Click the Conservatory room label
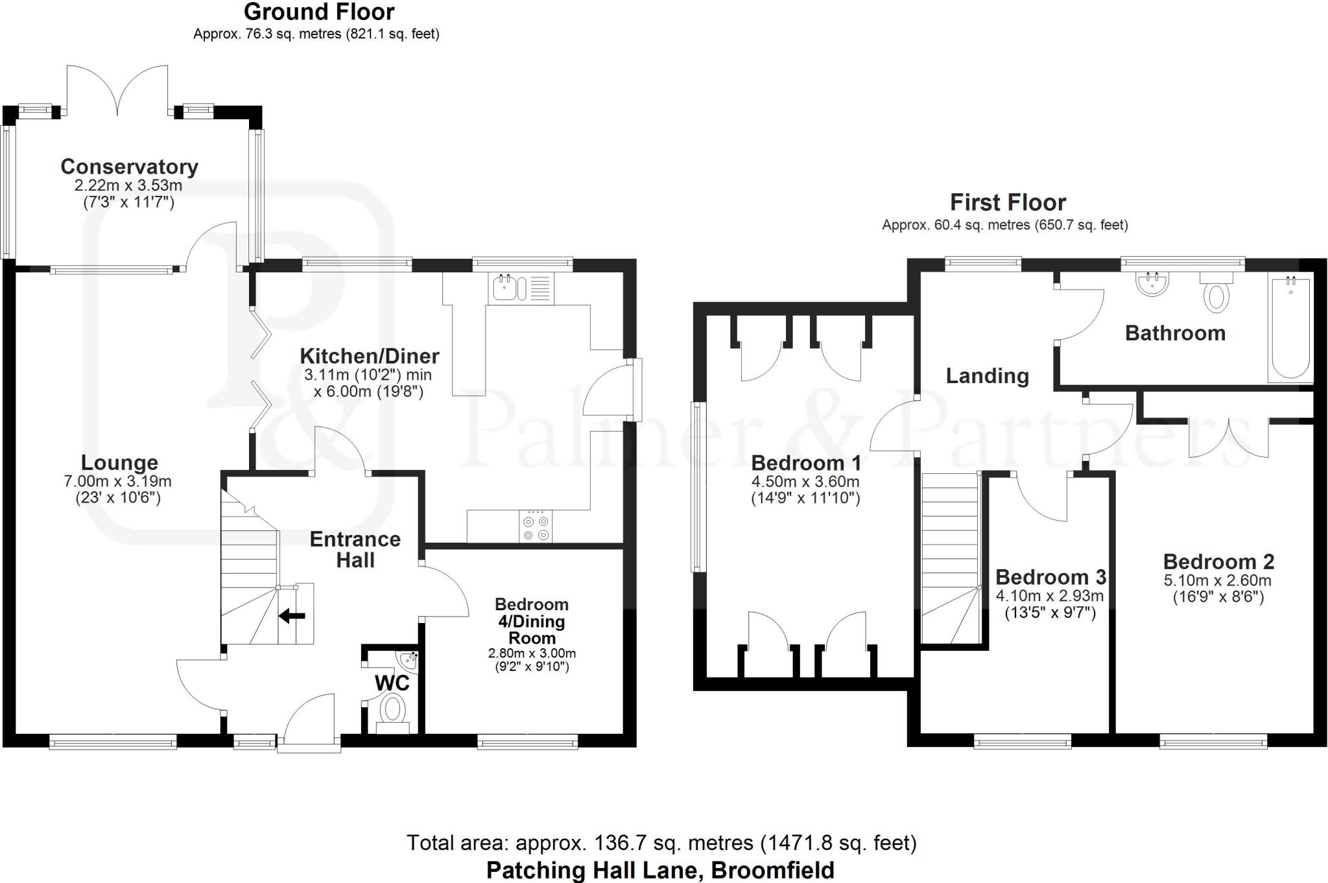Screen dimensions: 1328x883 point(129,167)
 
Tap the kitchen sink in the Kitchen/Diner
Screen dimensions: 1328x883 point(523,287)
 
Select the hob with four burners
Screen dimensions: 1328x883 point(536,526)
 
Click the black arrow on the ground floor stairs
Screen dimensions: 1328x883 point(292,616)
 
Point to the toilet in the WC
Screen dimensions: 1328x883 point(392,712)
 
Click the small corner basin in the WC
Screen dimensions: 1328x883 point(409,661)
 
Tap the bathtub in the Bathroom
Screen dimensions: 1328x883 point(1290,328)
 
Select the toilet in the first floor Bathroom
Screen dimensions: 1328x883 point(1216,292)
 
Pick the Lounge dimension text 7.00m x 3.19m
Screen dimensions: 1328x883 point(117,481)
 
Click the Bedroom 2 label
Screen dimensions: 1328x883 point(1218,561)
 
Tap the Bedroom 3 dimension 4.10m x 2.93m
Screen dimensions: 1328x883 point(1050,596)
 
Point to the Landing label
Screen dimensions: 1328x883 point(987,376)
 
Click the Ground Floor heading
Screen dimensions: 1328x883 point(319,12)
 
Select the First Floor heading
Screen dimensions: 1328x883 point(1008,203)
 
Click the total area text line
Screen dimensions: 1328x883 point(661,843)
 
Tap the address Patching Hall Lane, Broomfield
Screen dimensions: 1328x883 point(660,870)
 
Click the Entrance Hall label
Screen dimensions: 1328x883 point(355,549)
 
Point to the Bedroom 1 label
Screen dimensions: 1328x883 point(806,463)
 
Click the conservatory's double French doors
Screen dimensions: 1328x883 point(117,89)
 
